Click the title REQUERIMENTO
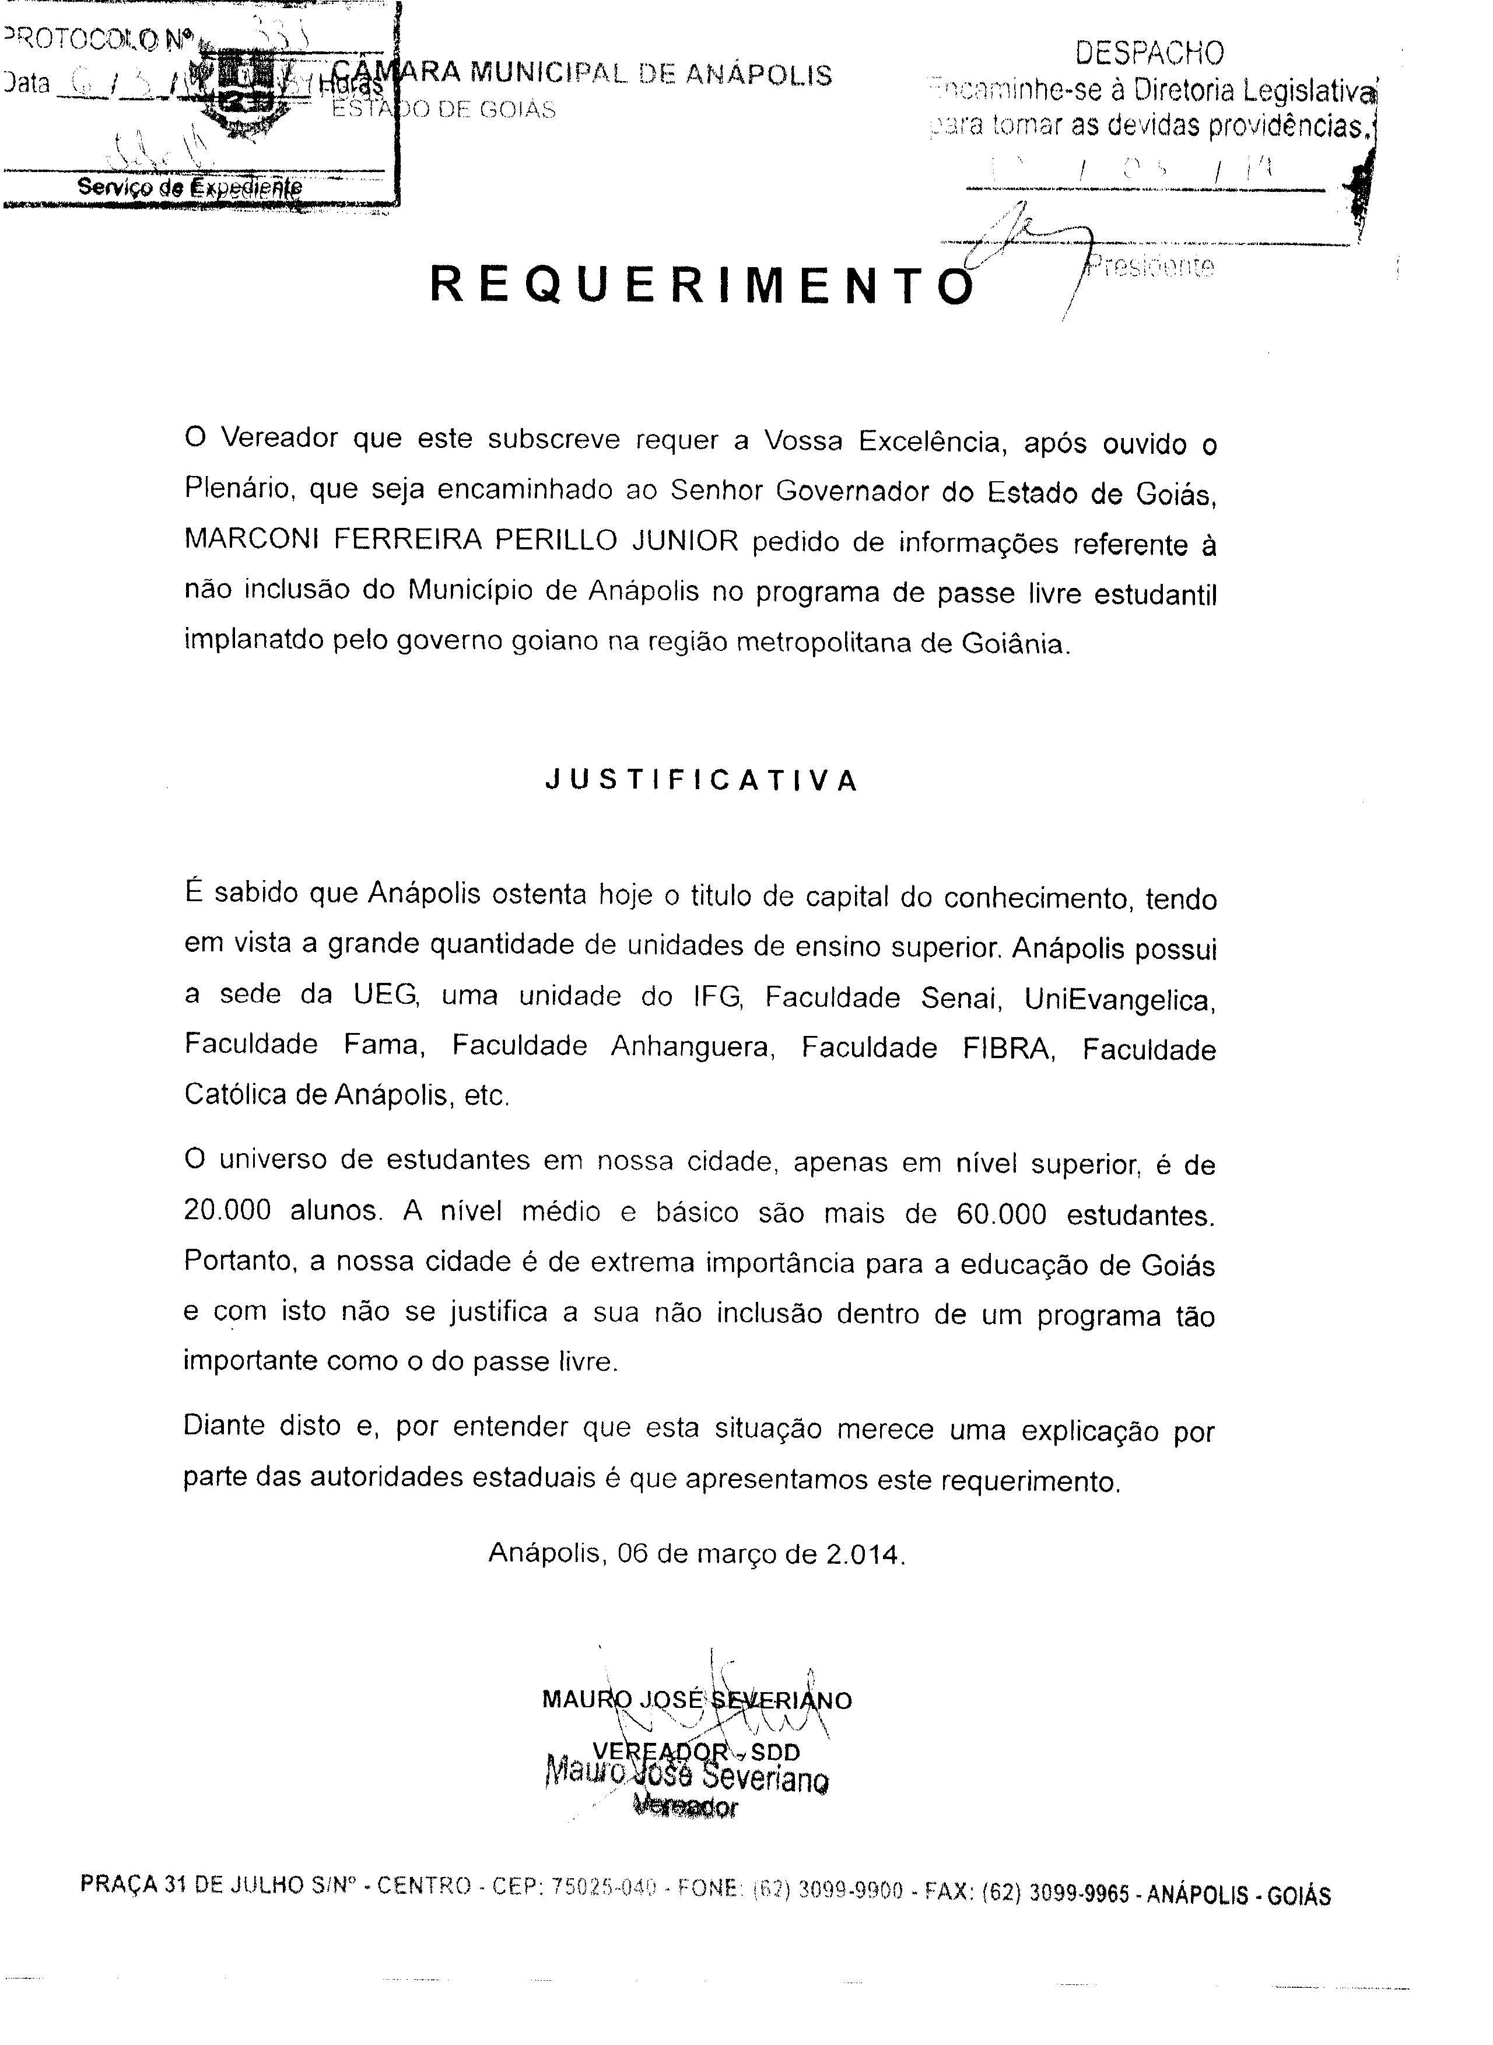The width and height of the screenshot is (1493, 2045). tap(702, 286)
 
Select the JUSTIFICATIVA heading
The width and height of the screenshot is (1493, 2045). tap(702, 782)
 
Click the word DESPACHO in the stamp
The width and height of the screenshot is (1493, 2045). tap(1149, 53)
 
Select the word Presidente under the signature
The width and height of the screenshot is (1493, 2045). tap(1151, 267)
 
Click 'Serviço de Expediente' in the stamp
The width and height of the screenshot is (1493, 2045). tap(189, 187)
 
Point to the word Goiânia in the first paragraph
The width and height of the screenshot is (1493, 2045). tap(1015, 645)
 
